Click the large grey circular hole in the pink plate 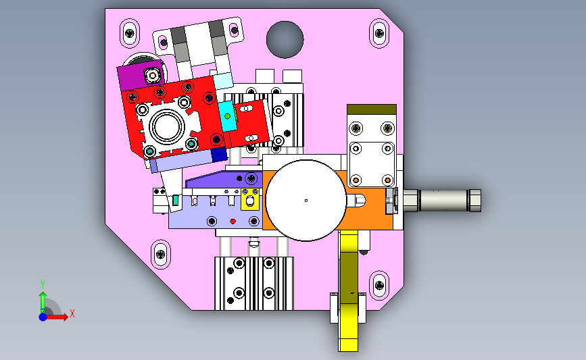click(285, 39)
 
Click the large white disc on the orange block click(306, 201)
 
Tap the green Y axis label click(43, 284)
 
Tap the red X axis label click(72, 313)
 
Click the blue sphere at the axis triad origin click(43, 317)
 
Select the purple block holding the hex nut click(141, 76)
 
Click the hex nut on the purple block click(153, 76)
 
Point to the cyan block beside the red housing click(228, 117)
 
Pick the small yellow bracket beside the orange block click(250, 199)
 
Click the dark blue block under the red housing click(219, 155)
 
